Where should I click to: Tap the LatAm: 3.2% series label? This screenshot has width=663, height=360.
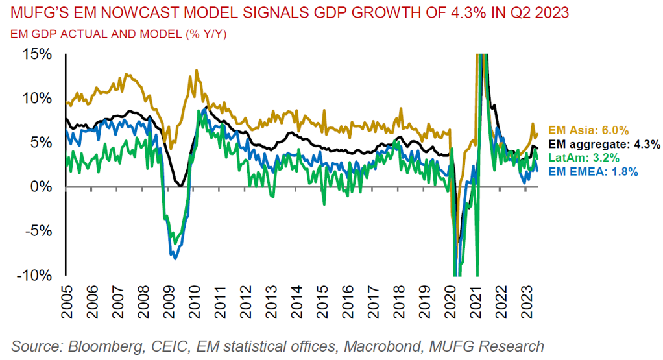[x=583, y=158]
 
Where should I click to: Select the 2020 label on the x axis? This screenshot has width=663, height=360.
[x=449, y=304]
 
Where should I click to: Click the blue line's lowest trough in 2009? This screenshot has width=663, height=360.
[x=175, y=258]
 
